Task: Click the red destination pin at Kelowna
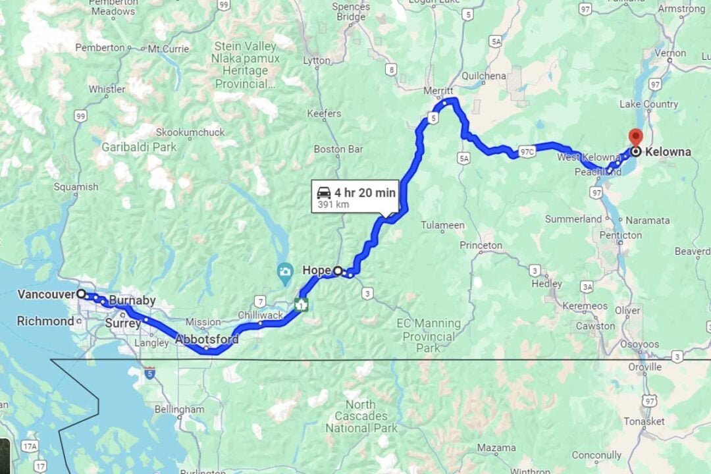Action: [635, 136]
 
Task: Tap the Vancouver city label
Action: [45, 294]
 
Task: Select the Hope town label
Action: [316, 270]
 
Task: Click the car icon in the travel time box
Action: [324, 192]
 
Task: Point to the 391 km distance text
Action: [334, 205]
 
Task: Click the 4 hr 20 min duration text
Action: [365, 192]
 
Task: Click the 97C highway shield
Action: [527, 153]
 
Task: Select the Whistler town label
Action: [107, 89]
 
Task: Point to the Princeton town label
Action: [481, 245]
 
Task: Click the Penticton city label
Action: [620, 235]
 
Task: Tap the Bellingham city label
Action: [179, 409]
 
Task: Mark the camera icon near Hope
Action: [285, 271]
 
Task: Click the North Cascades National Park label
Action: [361, 416]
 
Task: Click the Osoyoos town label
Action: [636, 344]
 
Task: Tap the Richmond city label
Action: [45, 321]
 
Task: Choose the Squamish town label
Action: [76, 186]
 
